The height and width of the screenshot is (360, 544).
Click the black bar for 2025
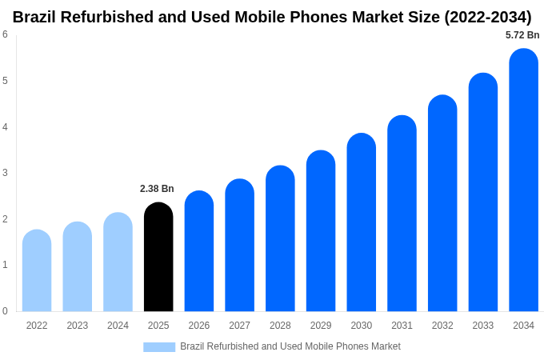click(158, 257)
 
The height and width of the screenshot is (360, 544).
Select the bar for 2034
click(523, 180)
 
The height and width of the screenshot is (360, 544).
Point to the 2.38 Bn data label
click(157, 189)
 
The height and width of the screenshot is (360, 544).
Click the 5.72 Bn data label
click(522, 35)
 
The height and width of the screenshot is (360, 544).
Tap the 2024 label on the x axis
click(118, 326)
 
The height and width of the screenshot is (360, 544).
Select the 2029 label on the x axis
click(321, 326)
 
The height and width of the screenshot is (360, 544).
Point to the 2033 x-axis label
click(482, 326)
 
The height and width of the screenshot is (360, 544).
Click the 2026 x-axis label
click(199, 326)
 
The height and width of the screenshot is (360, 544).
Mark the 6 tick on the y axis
click(5, 34)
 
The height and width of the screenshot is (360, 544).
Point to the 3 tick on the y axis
click(5, 173)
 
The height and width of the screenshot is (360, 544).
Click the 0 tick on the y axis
click(5, 311)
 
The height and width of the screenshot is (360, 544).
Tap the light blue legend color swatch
click(159, 346)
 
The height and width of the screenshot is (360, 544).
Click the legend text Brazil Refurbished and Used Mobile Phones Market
click(290, 346)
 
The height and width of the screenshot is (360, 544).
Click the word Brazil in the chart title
click(38, 17)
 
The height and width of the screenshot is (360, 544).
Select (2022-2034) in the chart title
click(487, 17)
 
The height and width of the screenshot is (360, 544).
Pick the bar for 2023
click(78, 266)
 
